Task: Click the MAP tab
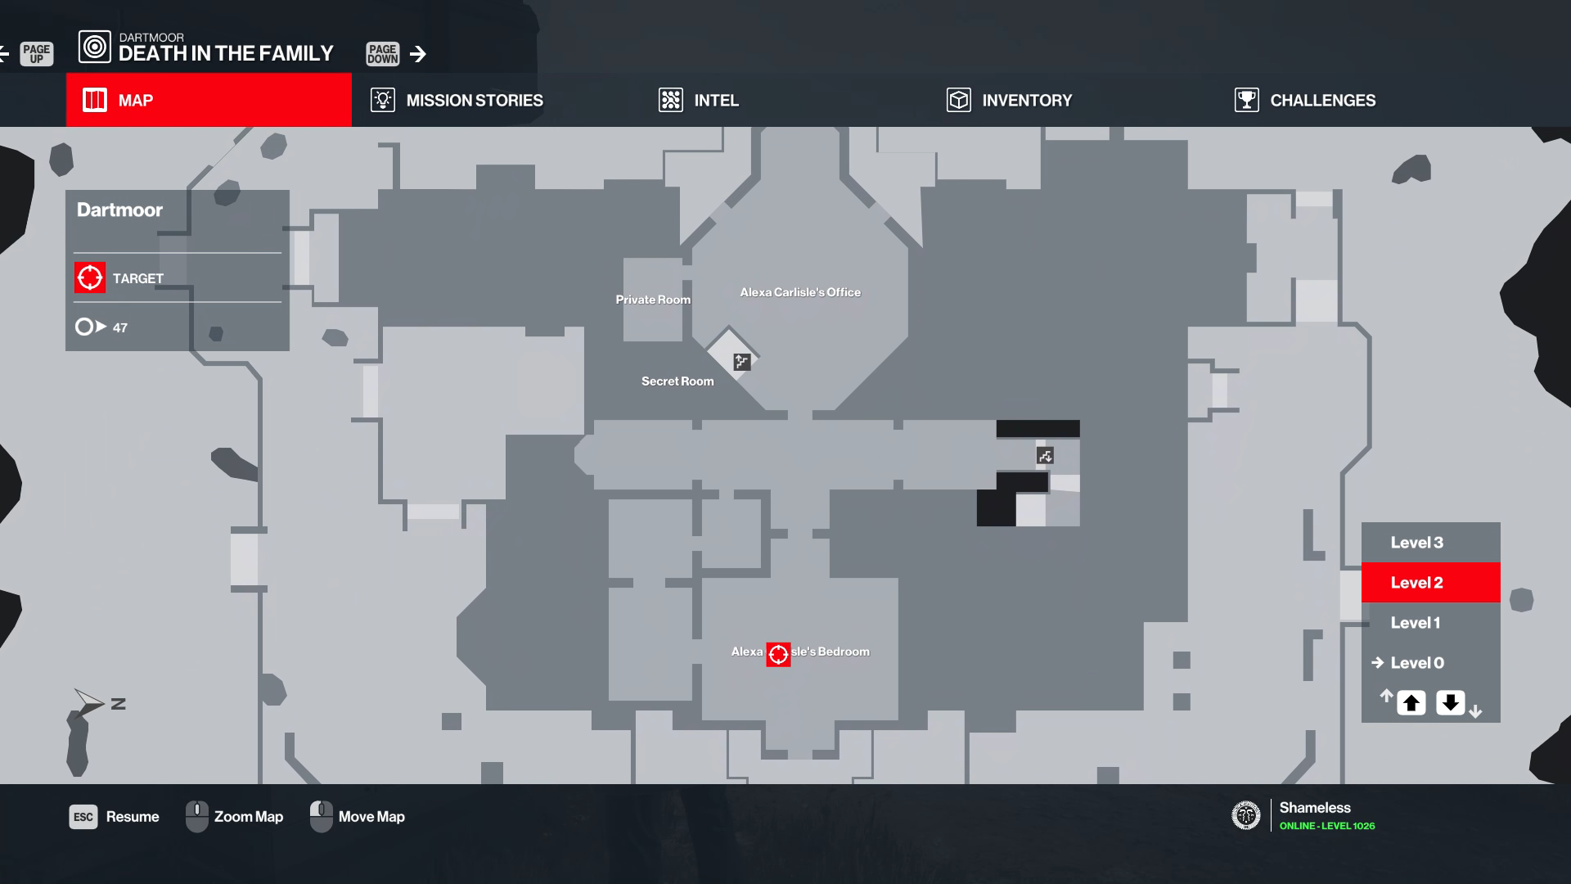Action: tap(209, 100)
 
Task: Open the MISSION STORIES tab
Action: tap(474, 100)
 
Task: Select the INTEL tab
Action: tap(715, 100)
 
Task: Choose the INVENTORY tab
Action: tap(1026, 100)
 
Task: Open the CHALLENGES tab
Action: tap(1321, 100)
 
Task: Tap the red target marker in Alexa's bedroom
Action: tap(778, 654)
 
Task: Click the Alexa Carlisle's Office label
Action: tap(800, 292)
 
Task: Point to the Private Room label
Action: tap(653, 300)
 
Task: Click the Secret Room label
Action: tap(677, 381)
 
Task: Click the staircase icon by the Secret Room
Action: tap(741, 362)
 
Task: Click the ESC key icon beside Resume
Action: tap(83, 817)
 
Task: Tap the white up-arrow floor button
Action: tap(1411, 703)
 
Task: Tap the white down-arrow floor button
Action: tap(1451, 703)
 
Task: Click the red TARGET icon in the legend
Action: tap(90, 277)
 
